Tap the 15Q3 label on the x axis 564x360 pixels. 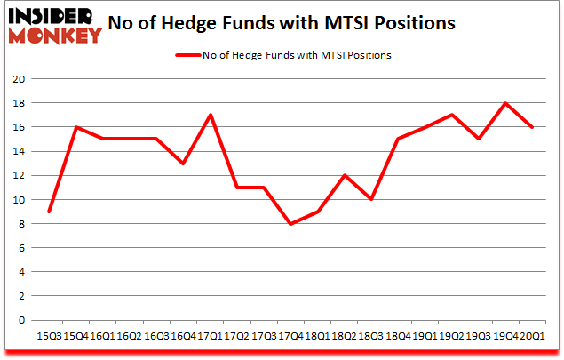(49, 335)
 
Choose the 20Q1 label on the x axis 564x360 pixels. (532, 335)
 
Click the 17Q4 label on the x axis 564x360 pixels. (290, 335)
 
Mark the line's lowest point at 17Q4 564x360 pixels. (290, 224)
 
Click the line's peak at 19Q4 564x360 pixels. (505, 103)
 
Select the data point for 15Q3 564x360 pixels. (50, 212)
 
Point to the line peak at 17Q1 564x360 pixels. (211, 116)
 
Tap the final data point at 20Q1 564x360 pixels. (532, 127)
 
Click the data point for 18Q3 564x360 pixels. (371, 200)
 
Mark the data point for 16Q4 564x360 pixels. (184, 164)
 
